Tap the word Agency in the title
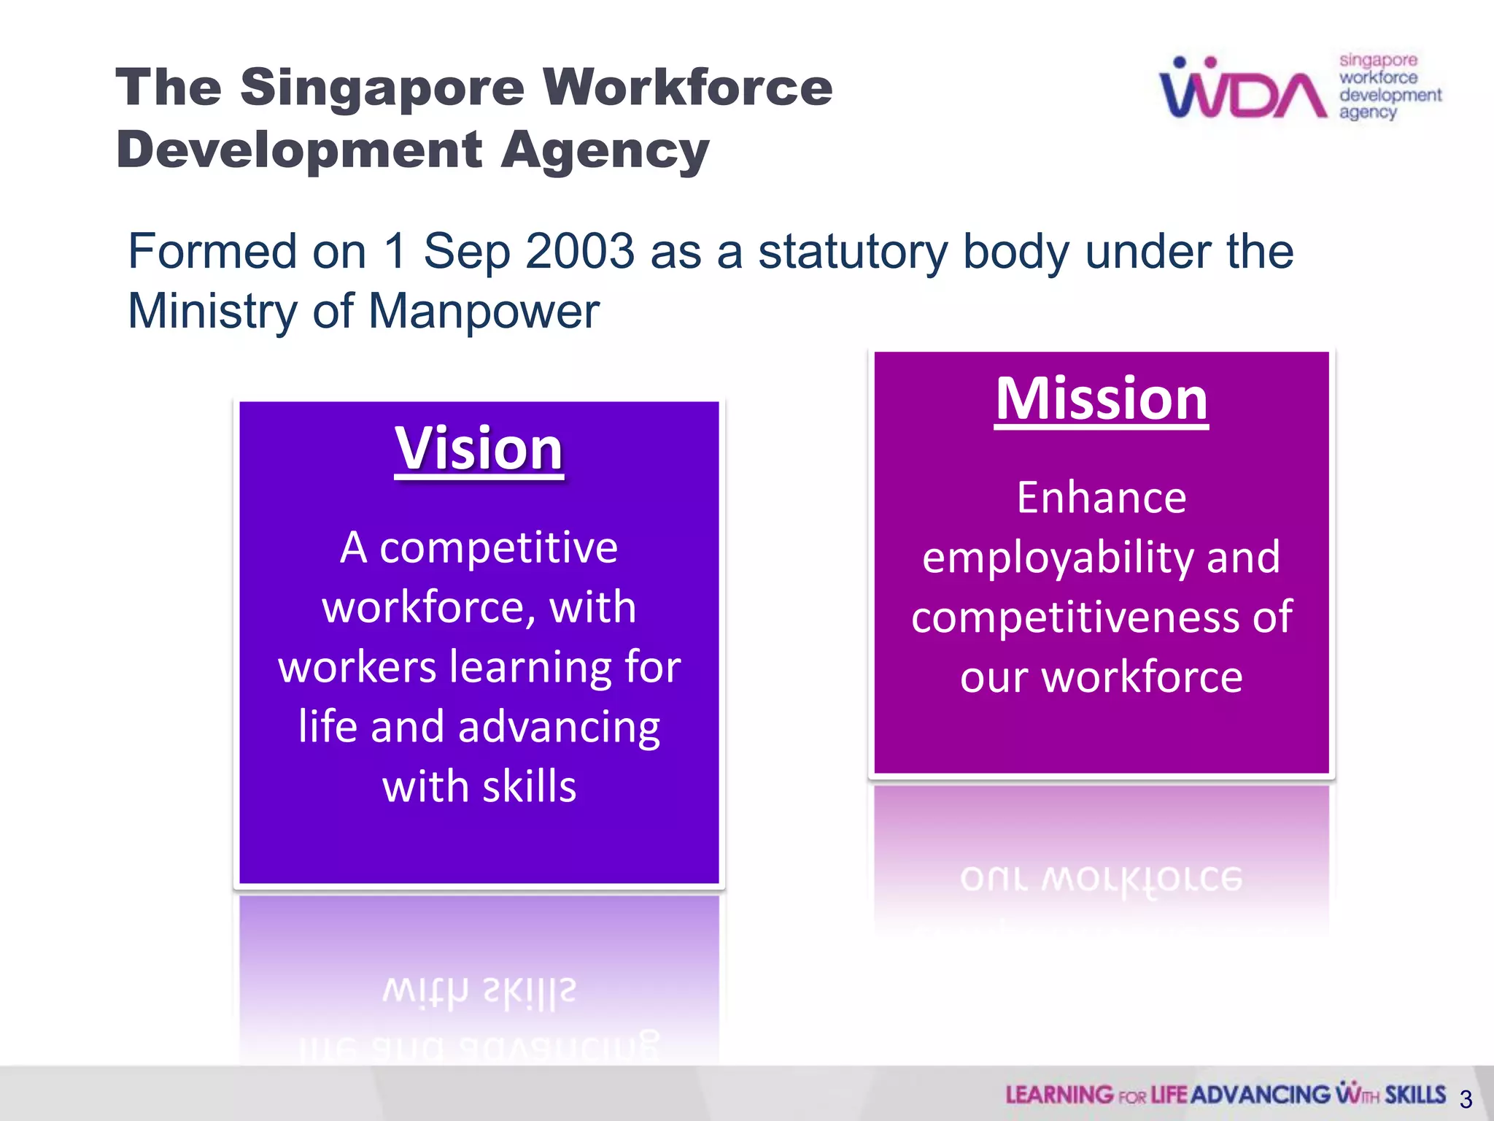605,150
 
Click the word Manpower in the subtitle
484,312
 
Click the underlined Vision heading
479,449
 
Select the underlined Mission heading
1102,399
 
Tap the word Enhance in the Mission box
1102,498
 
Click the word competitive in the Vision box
498,547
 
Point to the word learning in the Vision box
530,667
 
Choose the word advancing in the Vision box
559,727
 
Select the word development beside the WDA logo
1390,96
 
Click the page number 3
1466,1099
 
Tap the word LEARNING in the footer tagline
1059,1095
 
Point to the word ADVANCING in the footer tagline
1261,1095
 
